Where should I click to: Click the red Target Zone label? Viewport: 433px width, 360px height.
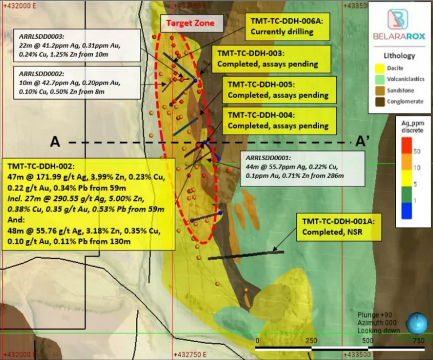(190, 23)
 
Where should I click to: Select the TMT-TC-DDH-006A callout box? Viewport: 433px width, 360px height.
(287, 26)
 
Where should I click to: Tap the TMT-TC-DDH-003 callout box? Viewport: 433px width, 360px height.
(266, 58)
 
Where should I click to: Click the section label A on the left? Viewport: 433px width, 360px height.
(55, 141)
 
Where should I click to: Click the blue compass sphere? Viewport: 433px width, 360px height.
(416, 324)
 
